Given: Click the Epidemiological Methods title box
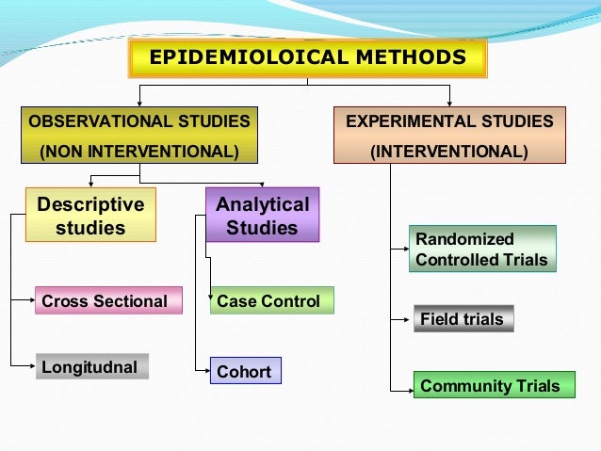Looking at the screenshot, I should [x=307, y=58].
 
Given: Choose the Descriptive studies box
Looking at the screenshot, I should [x=90, y=216].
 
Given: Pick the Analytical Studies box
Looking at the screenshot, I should [x=262, y=216].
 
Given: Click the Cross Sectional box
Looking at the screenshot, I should [x=108, y=301].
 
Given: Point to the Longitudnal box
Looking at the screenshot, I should [x=91, y=366].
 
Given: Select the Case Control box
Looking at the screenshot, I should [x=270, y=301].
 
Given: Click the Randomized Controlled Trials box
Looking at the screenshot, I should [x=481, y=250].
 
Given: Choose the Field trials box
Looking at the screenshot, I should [x=463, y=319].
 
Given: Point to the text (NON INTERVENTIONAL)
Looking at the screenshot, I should [x=138, y=152].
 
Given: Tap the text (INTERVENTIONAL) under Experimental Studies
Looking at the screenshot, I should [x=449, y=152].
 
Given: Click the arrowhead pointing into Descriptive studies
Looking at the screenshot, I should [x=90, y=183].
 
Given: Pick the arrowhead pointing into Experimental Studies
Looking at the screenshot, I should [x=449, y=102].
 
